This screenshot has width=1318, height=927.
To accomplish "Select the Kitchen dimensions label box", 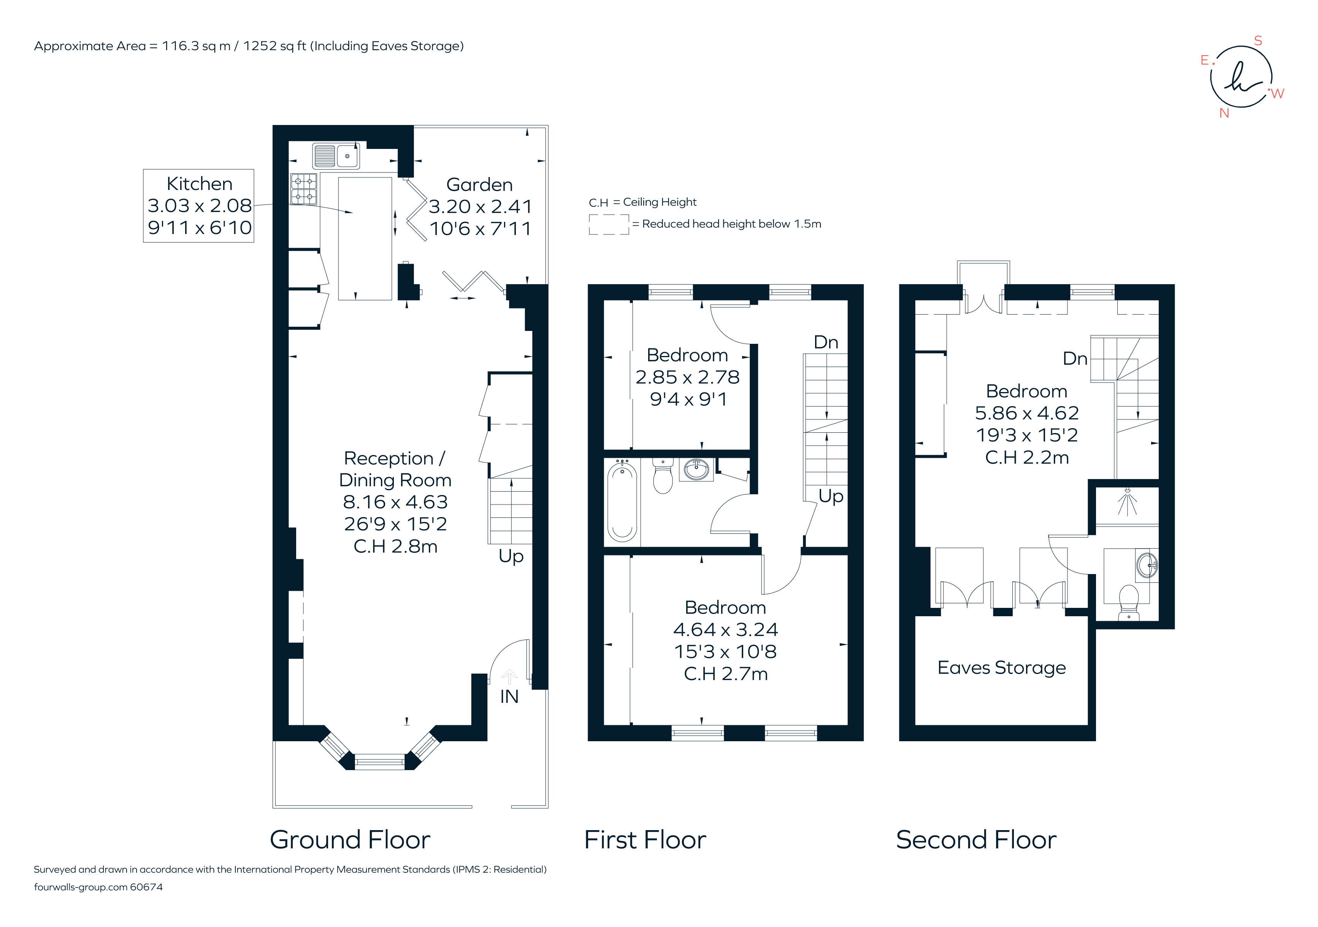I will coord(198,206).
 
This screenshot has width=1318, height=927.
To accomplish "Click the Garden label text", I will coord(479,185).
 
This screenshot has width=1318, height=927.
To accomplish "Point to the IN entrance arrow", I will coord(509,677).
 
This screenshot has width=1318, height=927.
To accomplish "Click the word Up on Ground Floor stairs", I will coord(511,556).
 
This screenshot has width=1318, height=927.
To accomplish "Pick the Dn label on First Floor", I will coord(826,342).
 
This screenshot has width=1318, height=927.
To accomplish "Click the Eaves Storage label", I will coord(1001,668).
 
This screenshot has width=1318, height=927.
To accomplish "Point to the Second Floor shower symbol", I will coord(1128,503).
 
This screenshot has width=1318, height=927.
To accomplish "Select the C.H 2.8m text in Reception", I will coord(395,546).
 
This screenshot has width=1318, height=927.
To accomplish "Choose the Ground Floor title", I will coord(350,840).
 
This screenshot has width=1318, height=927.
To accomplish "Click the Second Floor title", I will coord(976,840).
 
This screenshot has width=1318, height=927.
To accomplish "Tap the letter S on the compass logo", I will coord(1258,41).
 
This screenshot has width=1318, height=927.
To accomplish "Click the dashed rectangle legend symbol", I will coord(609,224).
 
